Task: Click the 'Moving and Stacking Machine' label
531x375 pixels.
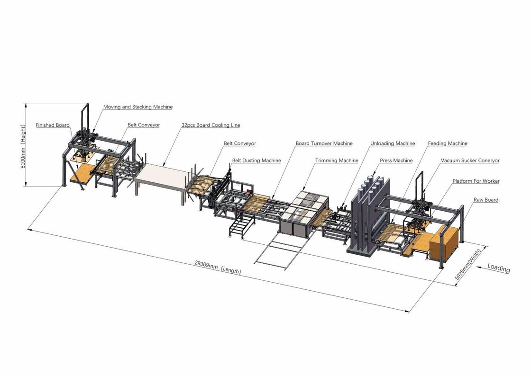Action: click(x=138, y=107)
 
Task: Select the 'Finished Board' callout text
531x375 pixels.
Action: click(x=53, y=125)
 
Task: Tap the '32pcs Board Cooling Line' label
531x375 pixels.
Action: click(x=211, y=125)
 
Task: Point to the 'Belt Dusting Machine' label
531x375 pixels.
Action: click(x=256, y=161)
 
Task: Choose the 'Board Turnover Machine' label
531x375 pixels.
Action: click(x=324, y=143)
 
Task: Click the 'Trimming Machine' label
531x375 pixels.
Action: click(x=337, y=161)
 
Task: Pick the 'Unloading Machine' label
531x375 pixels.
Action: click(x=393, y=143)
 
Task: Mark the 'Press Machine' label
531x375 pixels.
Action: click(x=396, y=161)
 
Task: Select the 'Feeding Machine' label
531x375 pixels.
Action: click(x=448, y=143)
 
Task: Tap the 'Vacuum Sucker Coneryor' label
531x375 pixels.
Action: click(x=470, y=161)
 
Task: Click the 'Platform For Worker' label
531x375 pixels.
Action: click(x=476, y=181)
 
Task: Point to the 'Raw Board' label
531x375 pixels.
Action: click(x=486, y=200)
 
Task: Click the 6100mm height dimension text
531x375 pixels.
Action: click(x=23, y=147)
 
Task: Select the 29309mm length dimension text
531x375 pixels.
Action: click(x=218, y=267)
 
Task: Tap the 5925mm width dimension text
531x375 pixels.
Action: click(x=467, y=264)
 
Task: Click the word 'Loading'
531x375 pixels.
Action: click(x=498, y=268)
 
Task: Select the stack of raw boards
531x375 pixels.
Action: click(x=444, y=243)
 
